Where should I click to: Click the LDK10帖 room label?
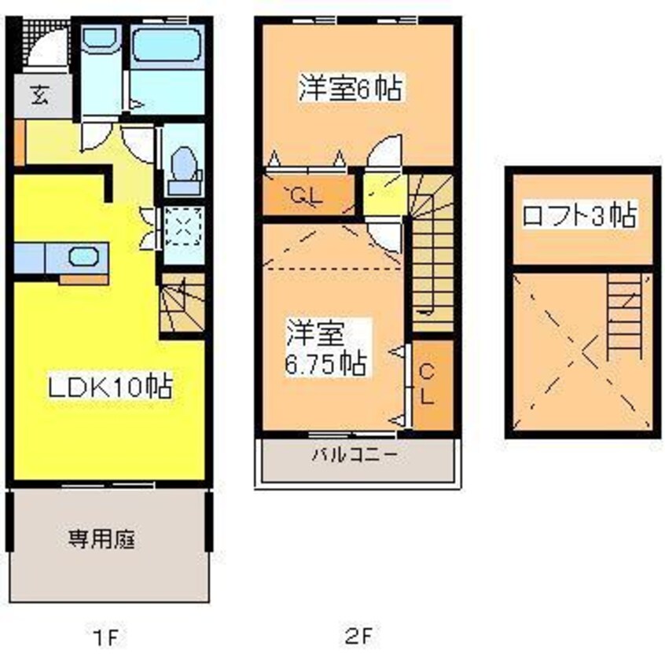(110, 386)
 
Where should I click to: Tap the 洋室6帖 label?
(351, 88)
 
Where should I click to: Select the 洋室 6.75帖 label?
(326, 347)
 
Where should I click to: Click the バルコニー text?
(355, 454)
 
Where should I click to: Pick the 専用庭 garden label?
(101, 539)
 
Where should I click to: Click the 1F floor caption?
(105, 637)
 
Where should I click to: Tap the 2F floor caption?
(358, 636)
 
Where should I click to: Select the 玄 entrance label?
(41, 96)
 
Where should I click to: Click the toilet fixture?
(185, 171)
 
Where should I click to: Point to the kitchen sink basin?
(83, 256)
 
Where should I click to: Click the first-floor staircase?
(183, 303)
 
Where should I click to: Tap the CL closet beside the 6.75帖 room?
(432, 384)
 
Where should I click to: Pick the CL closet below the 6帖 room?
(309, 195)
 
